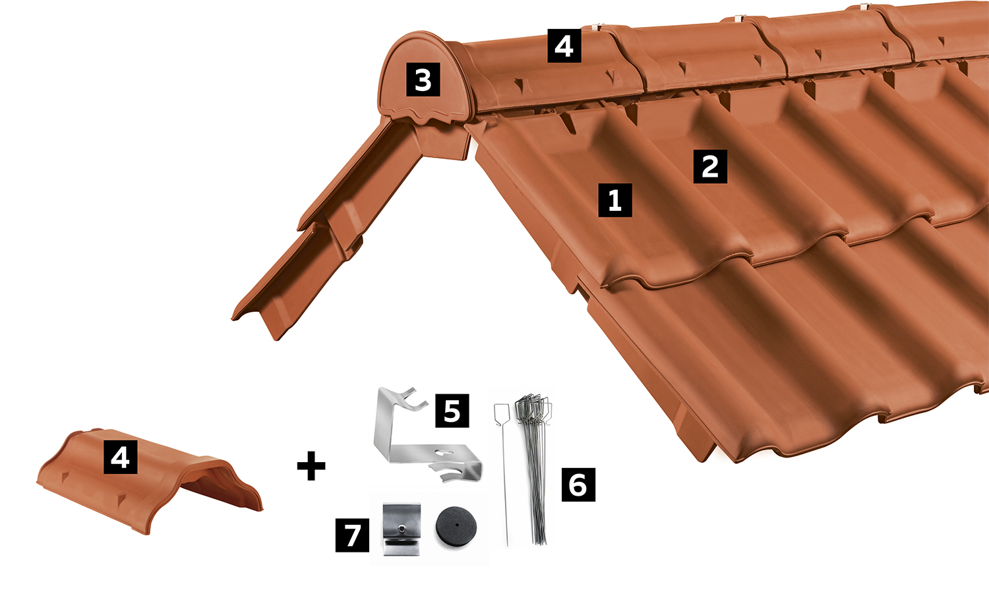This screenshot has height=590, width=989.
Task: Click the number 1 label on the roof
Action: pyautogui.click(x=615, y=200)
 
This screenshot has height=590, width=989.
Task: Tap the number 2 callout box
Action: pyautogui.click(x=710, y=166)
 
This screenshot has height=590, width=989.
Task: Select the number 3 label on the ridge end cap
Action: pyautogui.click(x=423, y=79)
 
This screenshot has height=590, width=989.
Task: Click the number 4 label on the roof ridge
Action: pyautogui.click(x=564, y=45)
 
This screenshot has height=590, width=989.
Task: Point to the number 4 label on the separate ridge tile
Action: pyautogui.click(x=121, y=457)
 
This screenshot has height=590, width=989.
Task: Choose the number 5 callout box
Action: pyautogui.click(x=452, y=411)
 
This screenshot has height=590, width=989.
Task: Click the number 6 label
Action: pyautogui.click(x=578, y=485)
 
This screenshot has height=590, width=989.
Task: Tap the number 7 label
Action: pyautogui.click(x=352, y=535)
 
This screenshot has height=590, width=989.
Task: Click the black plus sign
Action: pyautogui.click(x=311, y=465)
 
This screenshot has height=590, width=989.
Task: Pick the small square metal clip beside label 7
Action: pyautogui.click(x=402, y=529)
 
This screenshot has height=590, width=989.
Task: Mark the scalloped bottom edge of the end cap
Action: pyautogui.click(x=424, y=115)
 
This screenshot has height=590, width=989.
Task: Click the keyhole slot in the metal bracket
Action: pyautogui.click(x=445, y=453)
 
